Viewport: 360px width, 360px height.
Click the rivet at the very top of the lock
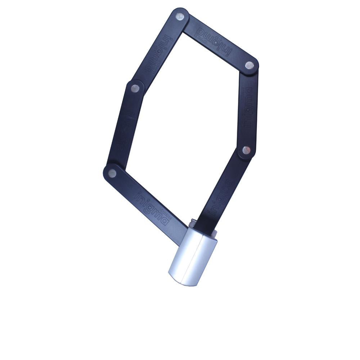click(179, 16)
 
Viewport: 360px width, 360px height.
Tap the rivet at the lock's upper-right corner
click(249, 65)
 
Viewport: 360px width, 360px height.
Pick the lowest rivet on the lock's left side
click(112, 174)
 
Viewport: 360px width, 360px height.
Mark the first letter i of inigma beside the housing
click(137, 195)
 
